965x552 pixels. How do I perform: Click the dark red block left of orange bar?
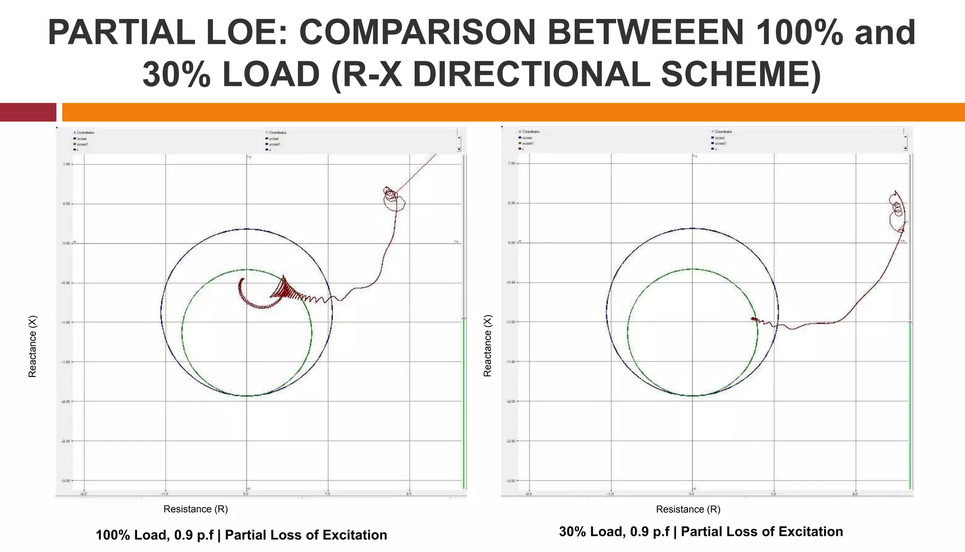pos(28,112)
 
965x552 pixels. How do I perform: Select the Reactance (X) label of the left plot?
pos(32,346)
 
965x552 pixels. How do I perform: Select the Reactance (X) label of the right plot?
pos(487,345)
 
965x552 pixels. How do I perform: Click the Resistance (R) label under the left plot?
pos(196,509)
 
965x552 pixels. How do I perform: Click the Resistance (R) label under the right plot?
pos(688,509)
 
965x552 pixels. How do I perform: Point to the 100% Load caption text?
pos(241,535)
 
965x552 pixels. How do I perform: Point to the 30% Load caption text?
pos(701,532)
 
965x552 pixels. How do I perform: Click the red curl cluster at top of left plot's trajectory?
pos(393,197)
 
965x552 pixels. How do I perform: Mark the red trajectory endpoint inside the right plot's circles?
pos(753,319)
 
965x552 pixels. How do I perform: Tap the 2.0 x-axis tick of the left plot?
pos(409,493)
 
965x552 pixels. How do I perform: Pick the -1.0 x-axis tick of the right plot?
pos(610,493)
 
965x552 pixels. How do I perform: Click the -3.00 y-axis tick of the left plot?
pos(65,480)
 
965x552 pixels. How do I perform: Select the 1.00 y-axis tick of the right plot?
pos(511,163)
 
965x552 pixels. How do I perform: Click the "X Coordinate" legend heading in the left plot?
pos(83,133)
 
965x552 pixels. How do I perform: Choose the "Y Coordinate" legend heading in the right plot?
pos(721,132)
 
